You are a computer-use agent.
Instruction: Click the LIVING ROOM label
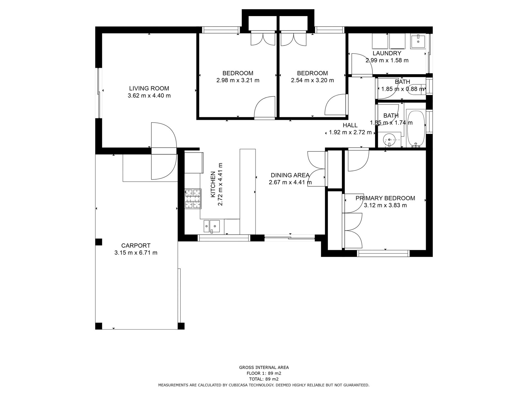click(x=149, y=88)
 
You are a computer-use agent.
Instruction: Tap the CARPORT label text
click(x=136, y=246)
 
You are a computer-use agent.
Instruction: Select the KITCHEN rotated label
click(x=213, y=184)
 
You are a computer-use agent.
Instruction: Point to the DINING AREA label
click(x=290, y=175)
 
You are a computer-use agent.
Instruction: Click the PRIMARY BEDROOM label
click(x=385, y=198)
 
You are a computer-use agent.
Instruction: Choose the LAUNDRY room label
click(x=387, y=53)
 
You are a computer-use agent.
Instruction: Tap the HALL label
click(x=350, y=125)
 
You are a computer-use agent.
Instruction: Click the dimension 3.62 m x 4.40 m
click(x=149, y=96)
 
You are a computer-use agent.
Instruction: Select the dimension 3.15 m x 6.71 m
click(x=136, y=253)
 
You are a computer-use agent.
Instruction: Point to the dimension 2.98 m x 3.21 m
click(x=238, y=80)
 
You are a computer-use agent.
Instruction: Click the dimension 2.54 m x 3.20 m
click(x=312, y=80)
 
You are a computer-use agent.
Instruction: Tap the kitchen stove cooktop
click(x=193, y=199)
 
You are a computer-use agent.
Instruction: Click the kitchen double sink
click(x=211, y=226)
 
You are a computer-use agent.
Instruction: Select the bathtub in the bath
click(x=415, y=128)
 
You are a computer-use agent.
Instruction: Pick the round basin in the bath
click(x=389, y=140)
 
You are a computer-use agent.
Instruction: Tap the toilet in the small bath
click(x=417, y=89)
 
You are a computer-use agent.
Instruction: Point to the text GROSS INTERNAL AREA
click(x=264, y=367)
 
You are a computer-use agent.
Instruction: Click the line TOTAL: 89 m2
click(x=264, y=379)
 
